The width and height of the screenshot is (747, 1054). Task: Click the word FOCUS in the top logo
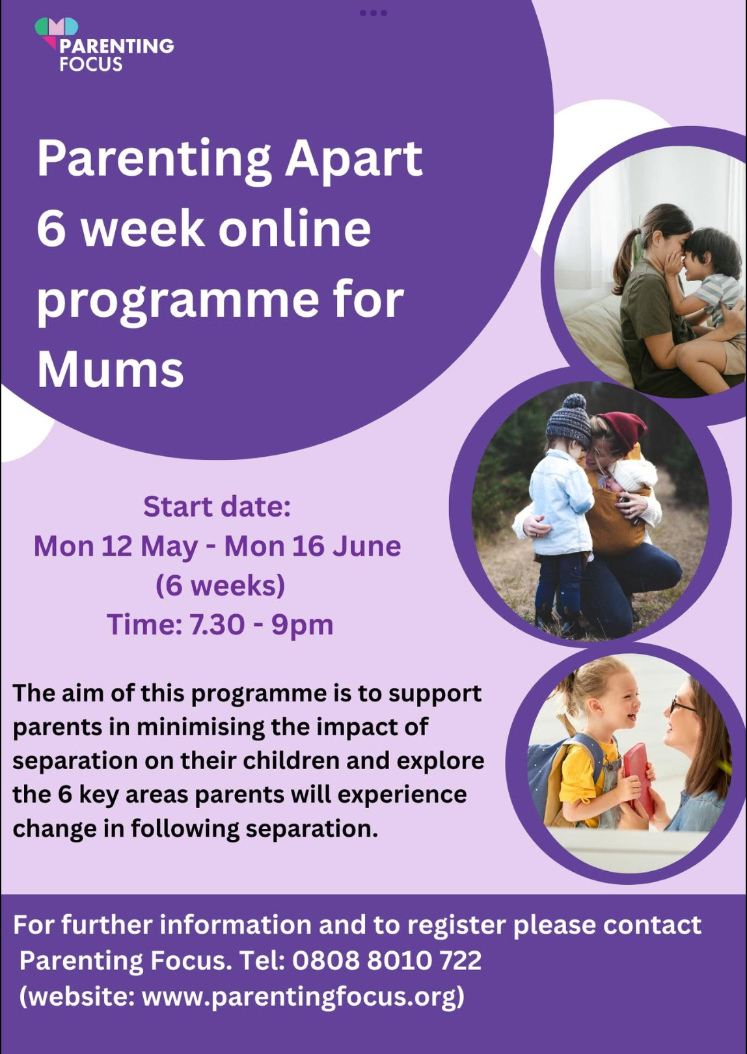coord(91,64)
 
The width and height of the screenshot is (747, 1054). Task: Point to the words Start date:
coord(217,506)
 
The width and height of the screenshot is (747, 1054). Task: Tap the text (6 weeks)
coord(221,586)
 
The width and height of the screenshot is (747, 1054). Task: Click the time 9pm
coord(302,625)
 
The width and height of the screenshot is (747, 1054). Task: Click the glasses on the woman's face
coord(683,706)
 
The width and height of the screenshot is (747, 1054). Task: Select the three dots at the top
coord(373,13)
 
